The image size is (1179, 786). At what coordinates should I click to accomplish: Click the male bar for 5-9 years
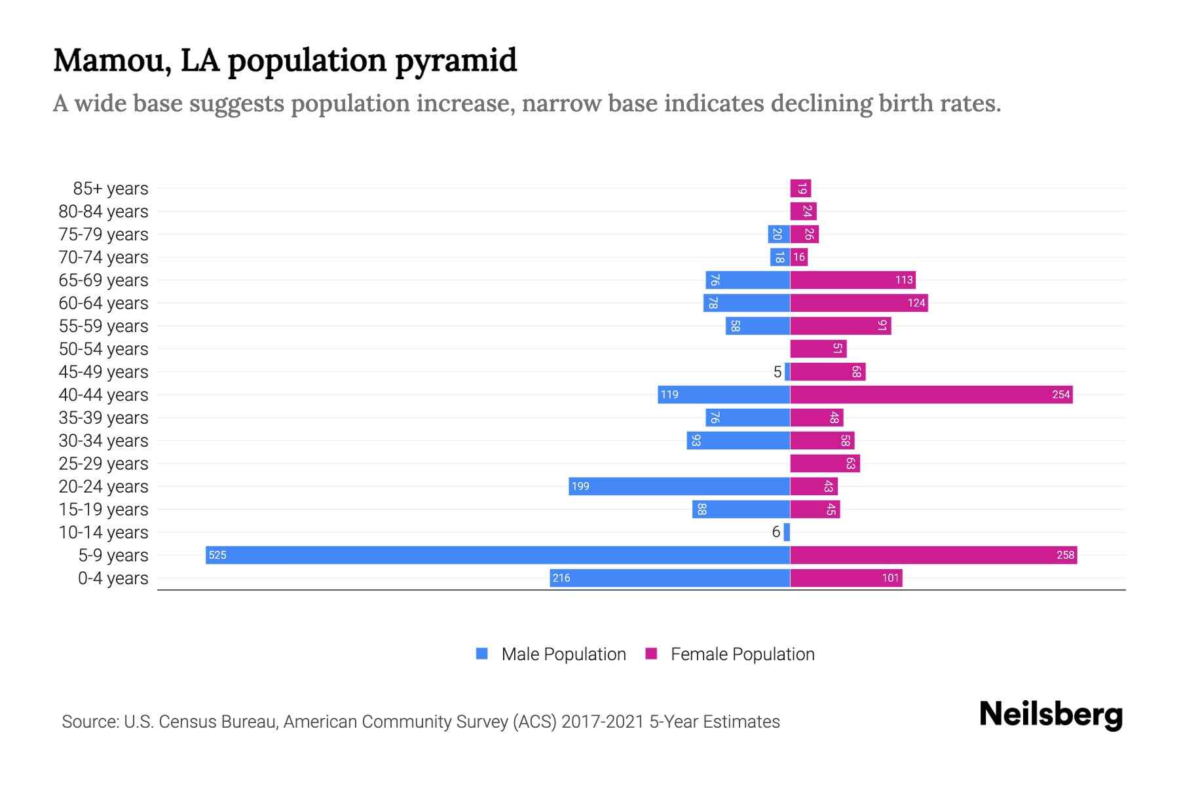(x=498, y=555)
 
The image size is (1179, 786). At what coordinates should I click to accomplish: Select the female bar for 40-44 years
(x=930, y=394)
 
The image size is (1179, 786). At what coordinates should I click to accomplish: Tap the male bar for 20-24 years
(x=679, y=486)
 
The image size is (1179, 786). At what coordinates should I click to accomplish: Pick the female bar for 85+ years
(x=800, y=189)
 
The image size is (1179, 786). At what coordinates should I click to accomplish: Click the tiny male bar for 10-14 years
(x=787, y=532)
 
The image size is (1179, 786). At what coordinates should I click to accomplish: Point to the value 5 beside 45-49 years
(x=777, y=372)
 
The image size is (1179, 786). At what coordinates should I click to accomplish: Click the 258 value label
(x=1065, y=555)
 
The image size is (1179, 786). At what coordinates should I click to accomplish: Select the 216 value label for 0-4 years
(x=561, y=578)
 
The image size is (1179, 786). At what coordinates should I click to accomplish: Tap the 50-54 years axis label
(x=103, y=349)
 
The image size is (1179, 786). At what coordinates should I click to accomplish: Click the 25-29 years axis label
(x=103, y=464)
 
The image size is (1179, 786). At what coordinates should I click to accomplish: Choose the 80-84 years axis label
(x=103, y=212)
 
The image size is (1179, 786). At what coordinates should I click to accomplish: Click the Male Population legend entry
(x=563, y=654)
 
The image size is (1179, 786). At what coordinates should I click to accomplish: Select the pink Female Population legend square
(x=651, y=654)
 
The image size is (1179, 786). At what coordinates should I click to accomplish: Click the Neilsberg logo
(x=1051, y=715)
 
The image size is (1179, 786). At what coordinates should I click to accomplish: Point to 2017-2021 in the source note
(x=602, y=722)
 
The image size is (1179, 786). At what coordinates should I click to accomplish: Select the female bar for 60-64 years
(x=858, y=303)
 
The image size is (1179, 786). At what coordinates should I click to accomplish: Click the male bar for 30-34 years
(x=738, y=440)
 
